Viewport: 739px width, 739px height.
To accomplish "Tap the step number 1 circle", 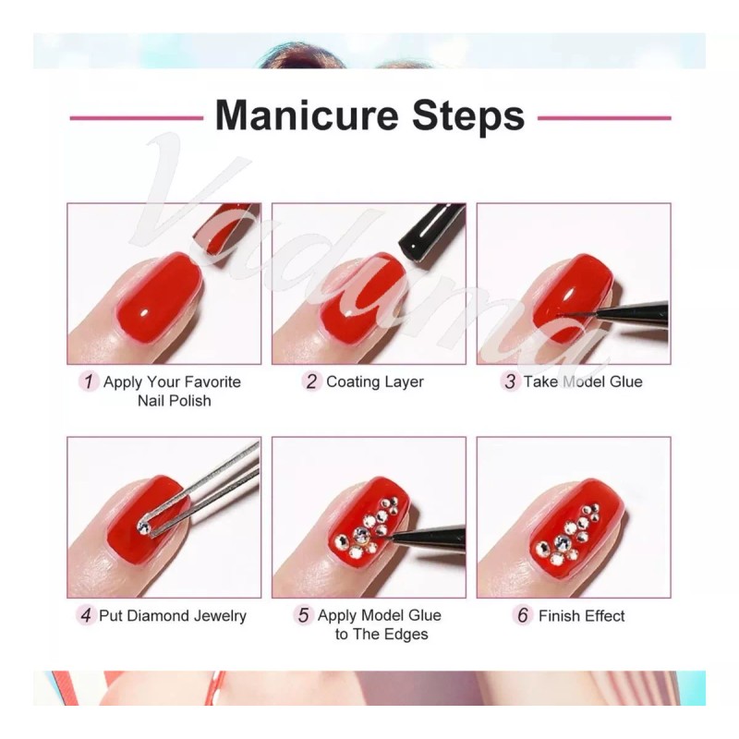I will coord(88,382).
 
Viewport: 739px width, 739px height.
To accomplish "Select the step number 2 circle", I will coord(311,382).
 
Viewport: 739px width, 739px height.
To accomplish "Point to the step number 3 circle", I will coord(510,382).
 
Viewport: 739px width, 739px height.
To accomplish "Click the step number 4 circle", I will coord(87,615).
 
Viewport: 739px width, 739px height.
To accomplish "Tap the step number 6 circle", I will coord(524,615).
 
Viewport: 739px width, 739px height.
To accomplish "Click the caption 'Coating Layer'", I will coord(374,382).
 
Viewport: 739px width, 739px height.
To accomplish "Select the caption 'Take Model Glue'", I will coord(582,382).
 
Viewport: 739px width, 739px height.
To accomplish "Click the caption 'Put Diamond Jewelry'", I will coord(175,615).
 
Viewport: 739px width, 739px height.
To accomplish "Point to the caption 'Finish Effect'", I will coord(581,615).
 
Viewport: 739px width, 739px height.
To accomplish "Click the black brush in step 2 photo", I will coord(430,231).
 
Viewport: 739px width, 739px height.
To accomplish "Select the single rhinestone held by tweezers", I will coord(143,527).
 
